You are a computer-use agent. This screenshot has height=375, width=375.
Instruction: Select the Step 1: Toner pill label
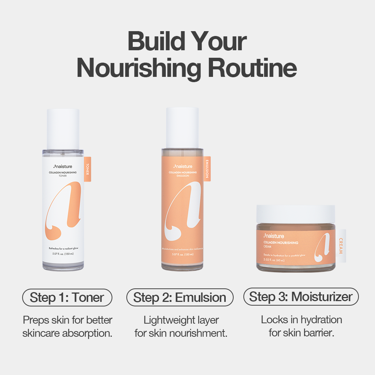pos(67,298)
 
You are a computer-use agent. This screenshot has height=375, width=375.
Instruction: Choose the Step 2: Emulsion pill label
pos(180,298)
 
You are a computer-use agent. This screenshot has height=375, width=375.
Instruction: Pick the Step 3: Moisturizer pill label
pos(301,297)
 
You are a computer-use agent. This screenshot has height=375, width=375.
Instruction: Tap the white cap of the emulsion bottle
pos(182,127)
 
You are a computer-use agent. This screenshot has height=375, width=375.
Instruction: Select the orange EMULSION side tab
pos(207,169)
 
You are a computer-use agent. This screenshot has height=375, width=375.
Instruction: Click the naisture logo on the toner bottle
pos(63,166)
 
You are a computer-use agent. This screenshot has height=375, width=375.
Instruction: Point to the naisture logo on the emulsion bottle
pos(183,166)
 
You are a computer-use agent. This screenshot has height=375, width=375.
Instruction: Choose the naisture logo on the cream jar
pos(274,236)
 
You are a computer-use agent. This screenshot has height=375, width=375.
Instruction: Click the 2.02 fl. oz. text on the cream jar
pos(274,260)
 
